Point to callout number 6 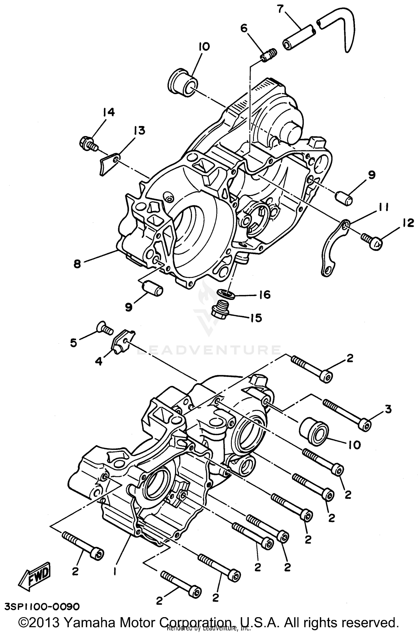click(x=244, y=28)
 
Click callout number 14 click(x=108, y=113)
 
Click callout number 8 click(x=77, y=263)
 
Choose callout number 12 click(x=408, y=223)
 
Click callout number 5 click(x=73, y=343)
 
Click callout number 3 click(x=388, y=409)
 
